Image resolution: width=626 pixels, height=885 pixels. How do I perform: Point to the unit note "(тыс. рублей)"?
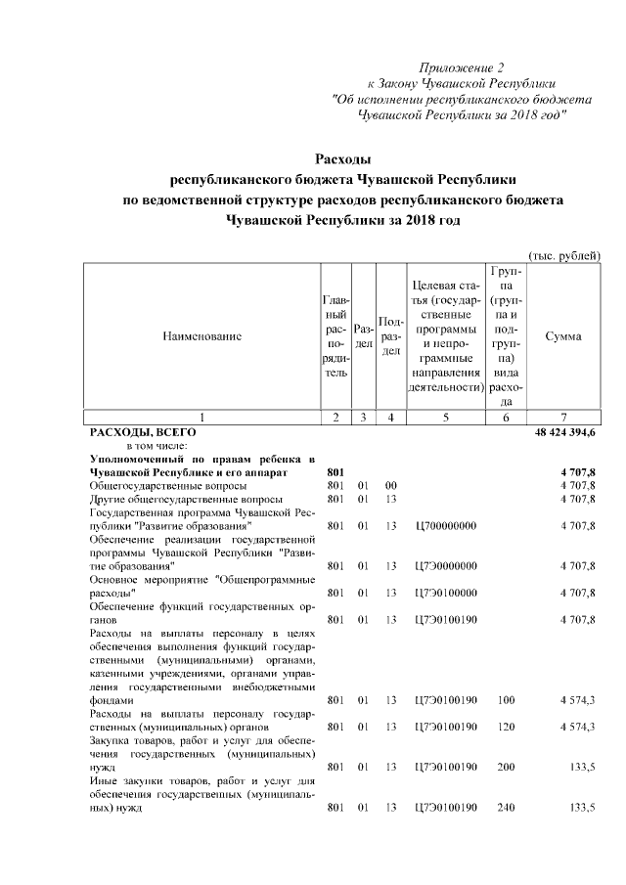563,254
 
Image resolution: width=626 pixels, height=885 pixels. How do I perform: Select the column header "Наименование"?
201,336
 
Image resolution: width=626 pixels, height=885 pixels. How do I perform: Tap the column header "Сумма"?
564,336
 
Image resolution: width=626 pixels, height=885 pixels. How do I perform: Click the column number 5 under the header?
445,418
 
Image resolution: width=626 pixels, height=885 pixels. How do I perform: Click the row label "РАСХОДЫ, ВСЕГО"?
144,431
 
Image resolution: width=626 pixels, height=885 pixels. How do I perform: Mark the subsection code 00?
390,485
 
